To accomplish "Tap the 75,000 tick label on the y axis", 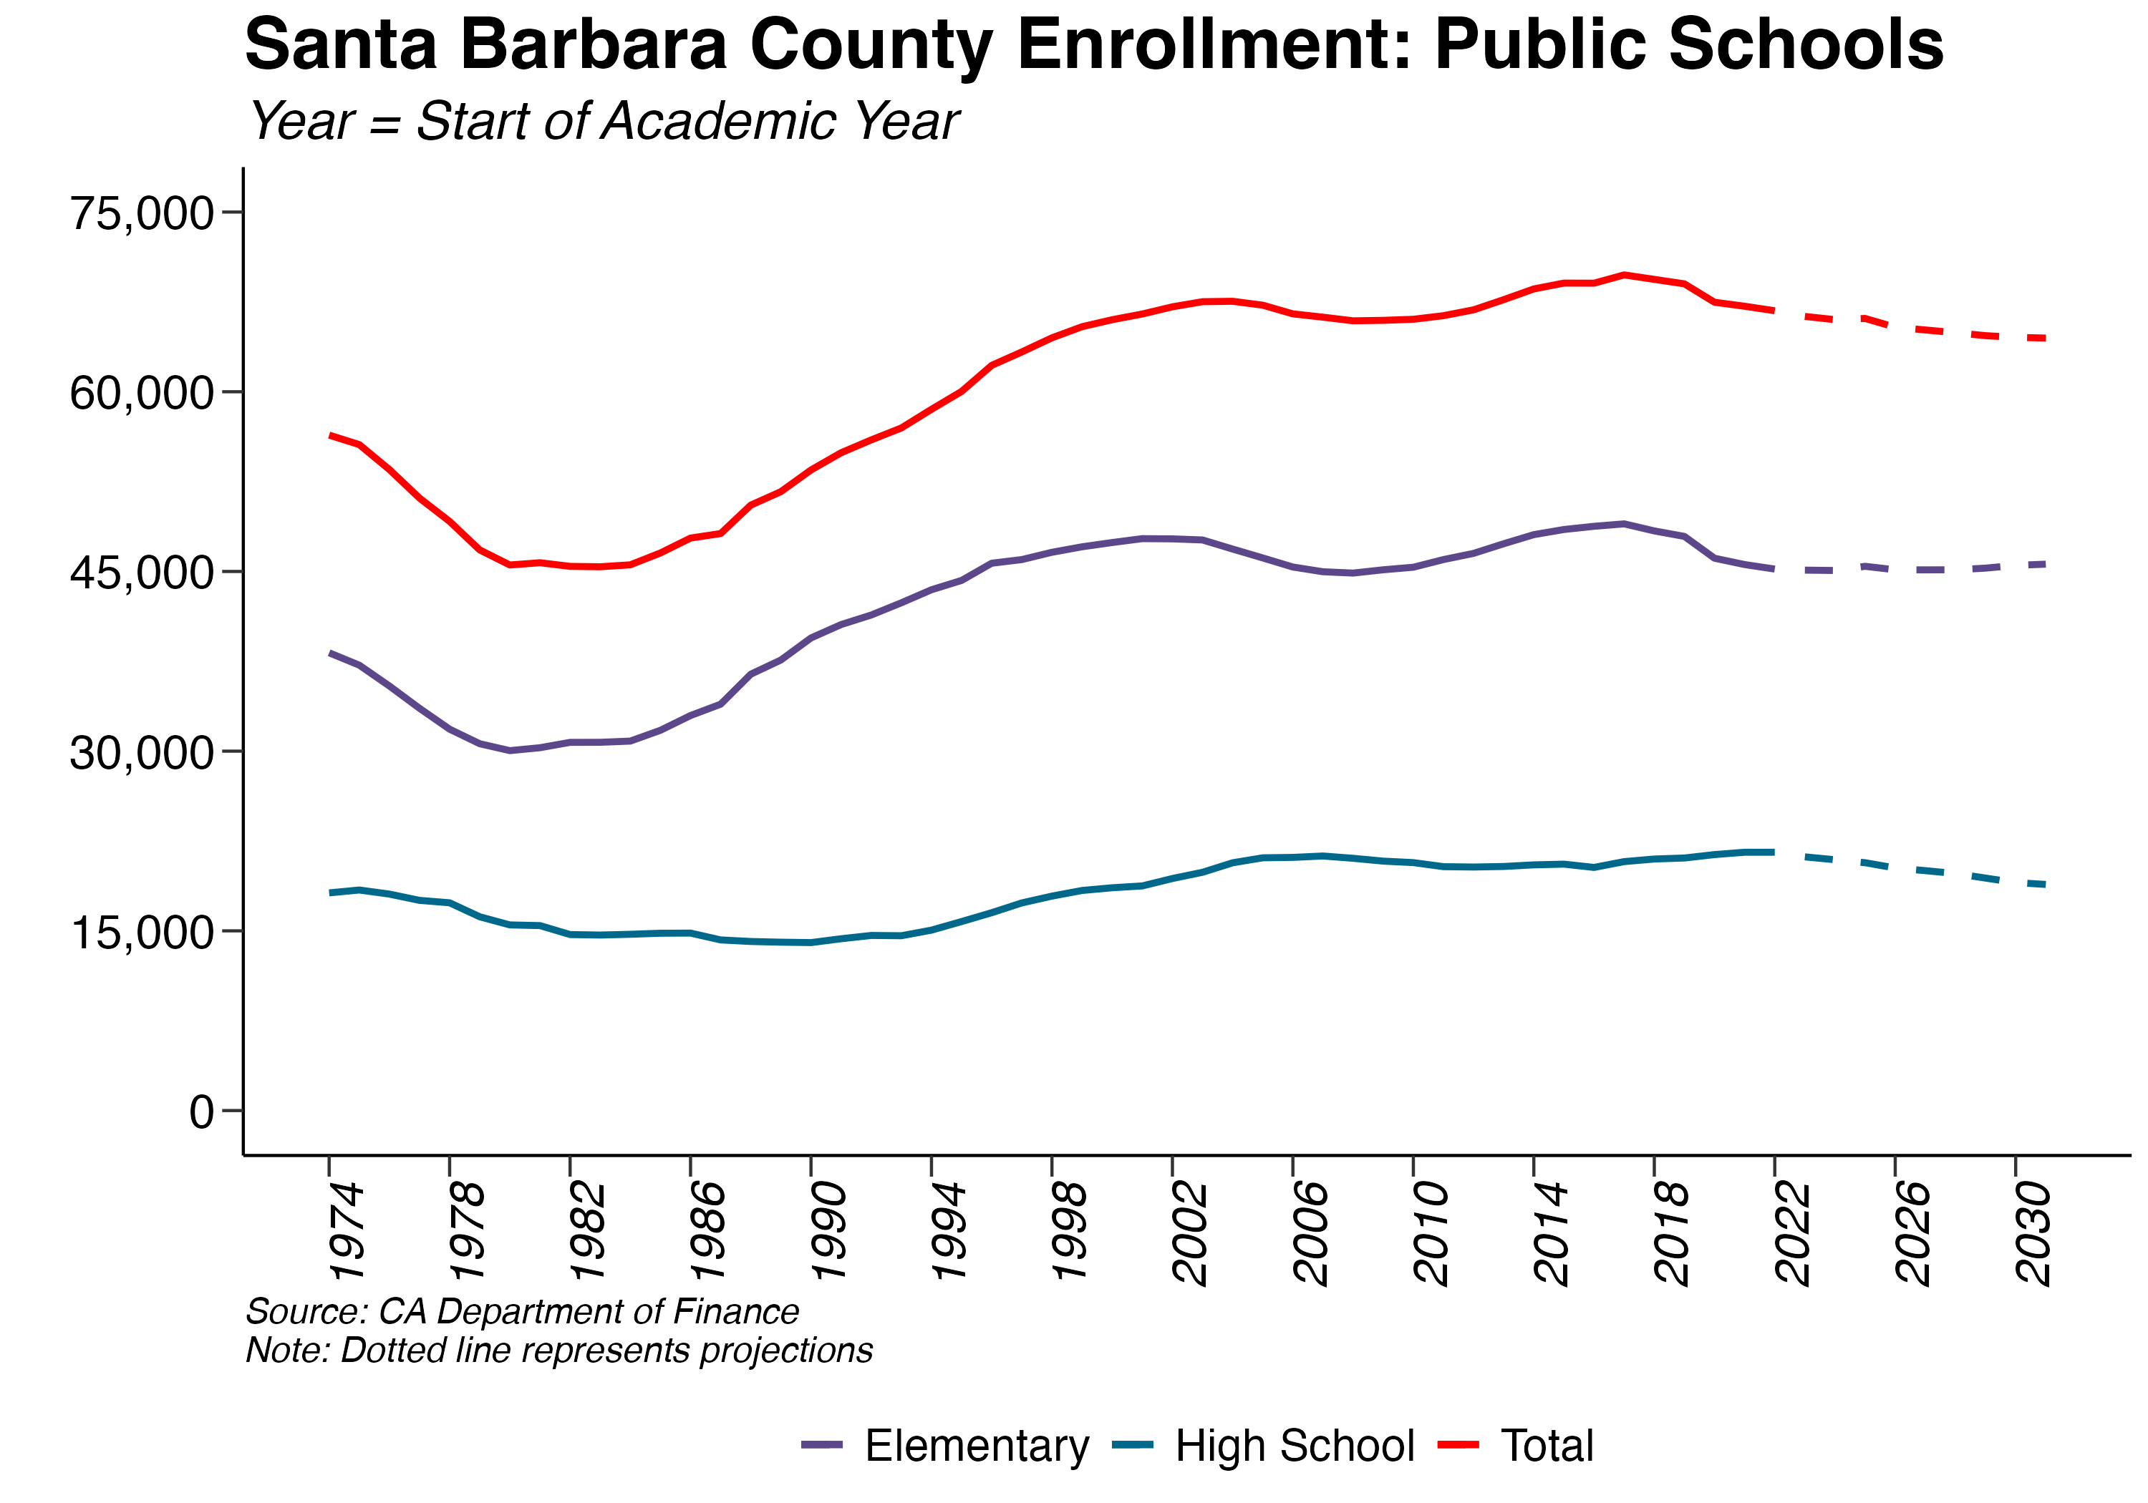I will point(142,213).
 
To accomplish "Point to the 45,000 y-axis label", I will point(142,573).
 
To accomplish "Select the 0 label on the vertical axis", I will point(201,1112).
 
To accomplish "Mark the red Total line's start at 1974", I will point(330,435).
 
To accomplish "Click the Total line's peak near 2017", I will point(1624,274).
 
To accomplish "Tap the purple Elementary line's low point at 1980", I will point(510,750).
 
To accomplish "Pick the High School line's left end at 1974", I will point(330,892).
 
